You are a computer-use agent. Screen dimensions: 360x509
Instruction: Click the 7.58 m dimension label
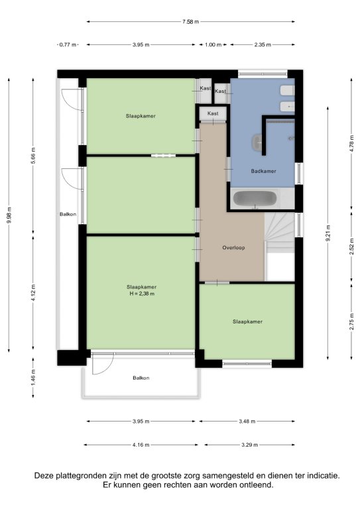click(x=190, y=22)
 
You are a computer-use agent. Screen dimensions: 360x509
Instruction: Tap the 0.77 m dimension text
click(x=68, y=44)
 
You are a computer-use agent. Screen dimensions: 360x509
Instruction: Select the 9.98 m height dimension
click(x=9, y=215)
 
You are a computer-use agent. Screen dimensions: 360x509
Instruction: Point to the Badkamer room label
click(x=263, y=171)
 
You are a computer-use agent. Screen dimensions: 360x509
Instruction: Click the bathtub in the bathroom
click(x=255, y=199)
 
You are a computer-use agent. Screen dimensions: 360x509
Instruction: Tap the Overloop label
click(x=233, y=248)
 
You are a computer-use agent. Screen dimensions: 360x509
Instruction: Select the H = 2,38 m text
click(x=141, y=294)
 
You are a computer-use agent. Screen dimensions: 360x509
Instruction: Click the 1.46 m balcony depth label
click(x=33, y=378)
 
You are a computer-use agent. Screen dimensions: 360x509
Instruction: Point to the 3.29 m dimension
click(x=250, y=445)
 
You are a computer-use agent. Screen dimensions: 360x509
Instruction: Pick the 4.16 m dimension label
click(x=141, y=445)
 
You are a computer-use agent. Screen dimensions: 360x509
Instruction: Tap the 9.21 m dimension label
click(x=328, y=233)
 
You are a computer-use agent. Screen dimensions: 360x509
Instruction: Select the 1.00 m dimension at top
click(x=213, y=44)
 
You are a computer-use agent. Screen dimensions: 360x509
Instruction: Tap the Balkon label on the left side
click(x=68, y=214)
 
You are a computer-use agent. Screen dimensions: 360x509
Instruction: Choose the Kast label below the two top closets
click(x=213, y=113)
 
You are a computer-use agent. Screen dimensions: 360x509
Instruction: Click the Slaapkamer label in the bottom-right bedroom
click(x=247, y=321)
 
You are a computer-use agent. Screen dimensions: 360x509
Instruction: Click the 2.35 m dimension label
click(x=263, y=44)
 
